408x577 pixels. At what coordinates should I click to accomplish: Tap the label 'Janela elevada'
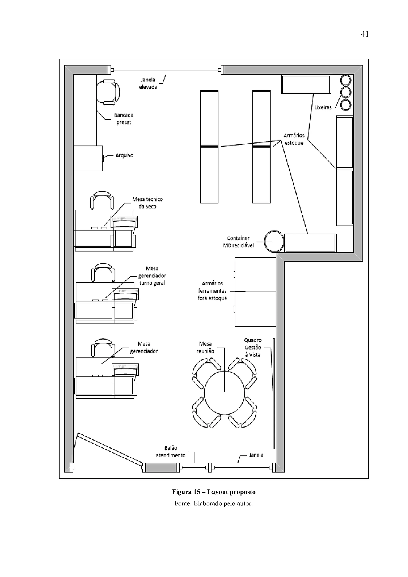(x=148, y=83)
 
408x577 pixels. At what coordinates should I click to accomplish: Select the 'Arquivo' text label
(x=124, y=155)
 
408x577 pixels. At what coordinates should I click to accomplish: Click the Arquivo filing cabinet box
(x=88, y=158)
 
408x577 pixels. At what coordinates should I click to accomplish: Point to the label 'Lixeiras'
(x=323, y=107)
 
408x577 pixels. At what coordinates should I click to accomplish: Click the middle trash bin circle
(x=346, y=92)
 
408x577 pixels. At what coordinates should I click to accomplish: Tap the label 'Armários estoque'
(x=294, y=139)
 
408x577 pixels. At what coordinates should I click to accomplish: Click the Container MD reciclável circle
(x=274, y=241)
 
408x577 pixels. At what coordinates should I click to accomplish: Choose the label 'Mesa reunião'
(x=205, y=347)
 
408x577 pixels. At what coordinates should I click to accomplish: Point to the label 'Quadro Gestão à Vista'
(x=253, y=347)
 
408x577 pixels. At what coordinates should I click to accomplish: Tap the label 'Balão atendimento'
(x=171, y=452)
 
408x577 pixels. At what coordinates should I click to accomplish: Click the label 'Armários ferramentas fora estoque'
(x=212, y=291)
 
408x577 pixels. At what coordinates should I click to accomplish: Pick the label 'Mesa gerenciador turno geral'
(x=152, y=276)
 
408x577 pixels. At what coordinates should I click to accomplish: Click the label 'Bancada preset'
(x=124, y=119)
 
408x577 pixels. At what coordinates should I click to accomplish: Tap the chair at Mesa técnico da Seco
(x=102, y=201)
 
